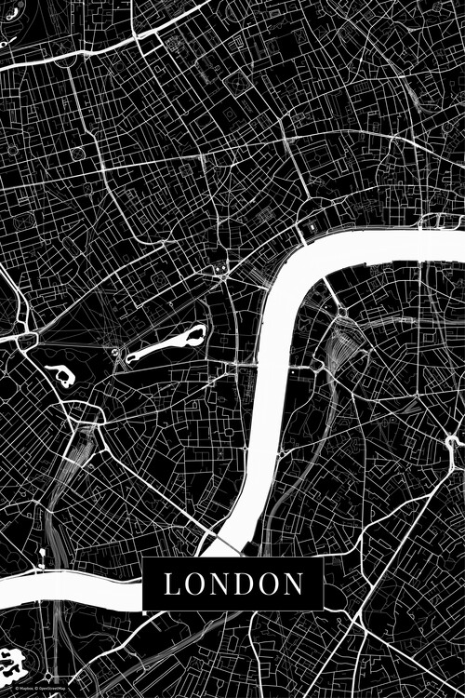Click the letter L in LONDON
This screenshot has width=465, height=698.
171,584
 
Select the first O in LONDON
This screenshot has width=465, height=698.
193,584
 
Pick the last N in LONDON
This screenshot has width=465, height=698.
294,584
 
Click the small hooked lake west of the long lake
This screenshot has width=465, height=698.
61,375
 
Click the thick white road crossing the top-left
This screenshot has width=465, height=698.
74,55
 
